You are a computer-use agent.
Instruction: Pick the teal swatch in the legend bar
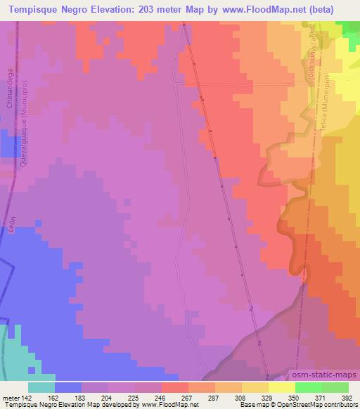[41, 387]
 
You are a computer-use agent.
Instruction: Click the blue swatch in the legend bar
[68, 387]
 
